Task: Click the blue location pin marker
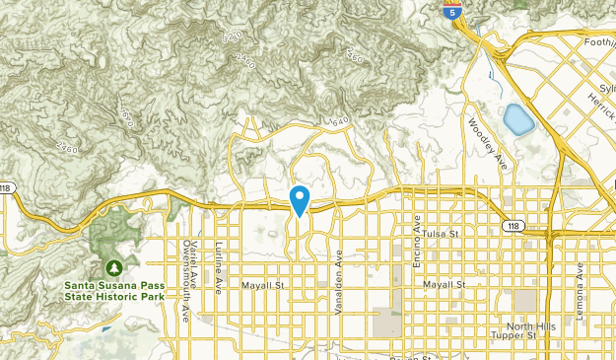pyautogui.click(x=301, y=199)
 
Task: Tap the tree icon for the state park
pyautogui.click(x=114, y=266)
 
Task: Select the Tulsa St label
pyautogui.click(x=443, y=234)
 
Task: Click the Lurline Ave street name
pyautogui.click(x=220, y=266)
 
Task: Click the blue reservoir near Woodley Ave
pyautogui.click(x=517, y=119)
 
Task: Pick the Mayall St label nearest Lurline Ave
pyautogui.click(x=262, y=285)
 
